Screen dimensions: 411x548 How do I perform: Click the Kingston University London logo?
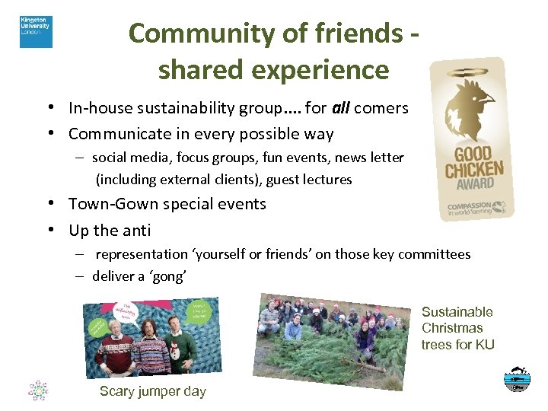point(36,32)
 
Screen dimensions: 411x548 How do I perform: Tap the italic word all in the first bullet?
point(340,108)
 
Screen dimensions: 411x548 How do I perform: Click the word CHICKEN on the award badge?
point(474,168)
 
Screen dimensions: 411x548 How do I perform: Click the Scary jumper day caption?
point(152,391)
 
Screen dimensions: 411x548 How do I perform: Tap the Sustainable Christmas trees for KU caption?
point(457,328)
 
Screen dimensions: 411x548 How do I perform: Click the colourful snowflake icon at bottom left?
point(38,390)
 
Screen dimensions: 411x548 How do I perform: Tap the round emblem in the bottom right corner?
point(518,379)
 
